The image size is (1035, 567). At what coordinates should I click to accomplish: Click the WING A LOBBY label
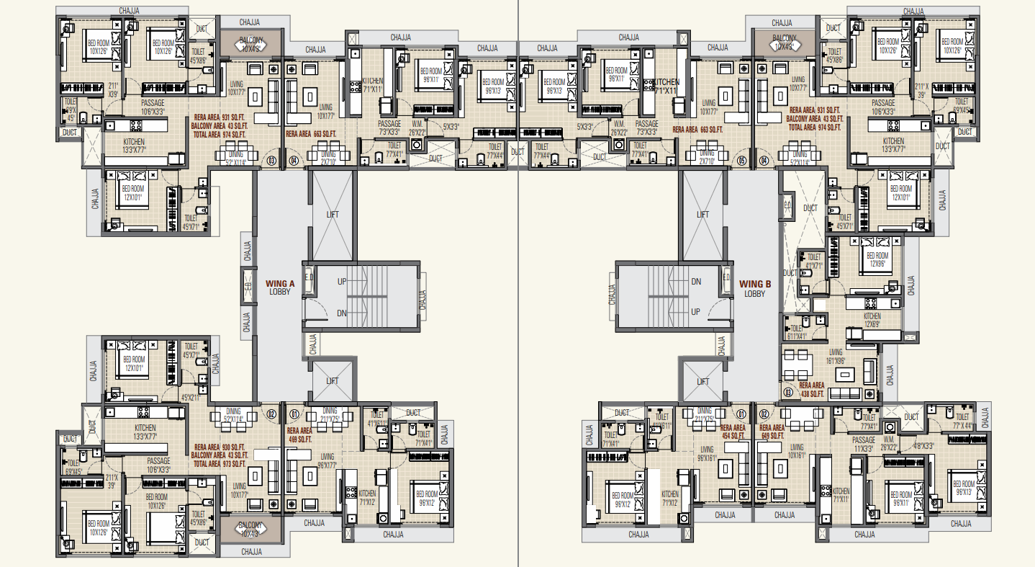point(279,287)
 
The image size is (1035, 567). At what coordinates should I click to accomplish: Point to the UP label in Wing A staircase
point(341,281)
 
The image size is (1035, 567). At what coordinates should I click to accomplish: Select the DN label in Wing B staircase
point(695,281)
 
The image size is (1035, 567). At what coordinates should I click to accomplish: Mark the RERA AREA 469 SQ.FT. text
point(300,434)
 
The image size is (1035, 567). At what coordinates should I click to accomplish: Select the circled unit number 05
point(741,161)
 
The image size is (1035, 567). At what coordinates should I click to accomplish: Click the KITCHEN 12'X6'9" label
point(872,320)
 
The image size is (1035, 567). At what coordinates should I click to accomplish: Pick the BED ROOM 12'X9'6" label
point(877,259)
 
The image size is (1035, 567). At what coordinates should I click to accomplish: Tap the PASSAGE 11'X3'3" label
point(863,444)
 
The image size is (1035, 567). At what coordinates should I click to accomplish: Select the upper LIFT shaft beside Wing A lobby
point(332,215)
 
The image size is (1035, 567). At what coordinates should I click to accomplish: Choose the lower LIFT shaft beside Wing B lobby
point(702,381)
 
